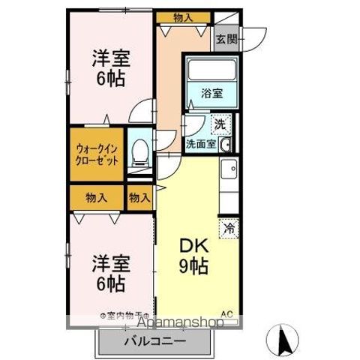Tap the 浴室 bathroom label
coord(211,94)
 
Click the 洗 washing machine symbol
coord(221,122)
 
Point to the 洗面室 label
coord(202,142)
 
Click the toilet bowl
coord(139,154)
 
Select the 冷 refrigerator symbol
coord(227,225)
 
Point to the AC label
coord(226,314)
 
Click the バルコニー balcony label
coord(154,342)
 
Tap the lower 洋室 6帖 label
coord(110,274)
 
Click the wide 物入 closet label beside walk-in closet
coord(96,198)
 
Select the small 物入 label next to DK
coord(139,198)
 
